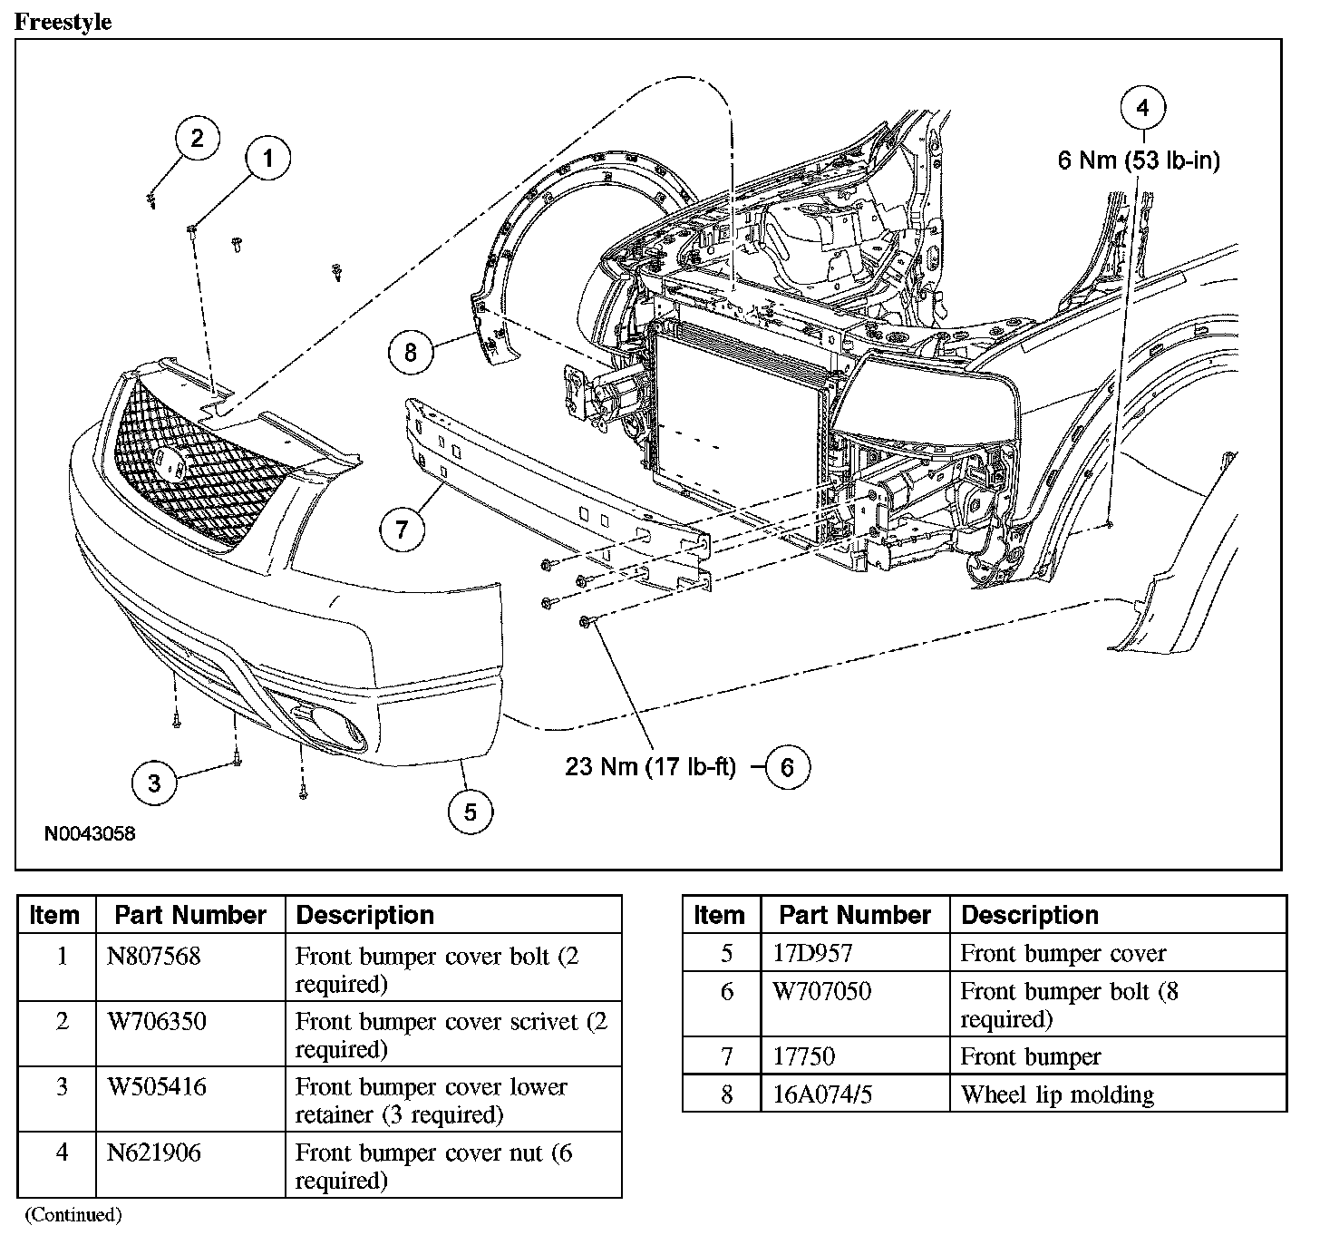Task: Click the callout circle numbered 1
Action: tap(267, 160)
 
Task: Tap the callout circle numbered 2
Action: tap(198, 139)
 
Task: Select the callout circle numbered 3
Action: tap(154, 782)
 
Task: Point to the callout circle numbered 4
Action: tap(1142, 108)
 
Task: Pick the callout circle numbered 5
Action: tap(471, 812)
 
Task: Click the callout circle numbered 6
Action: tap(787, 767)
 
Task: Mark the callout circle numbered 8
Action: tap(411, 351)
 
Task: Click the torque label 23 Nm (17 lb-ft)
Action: tap(650, 767)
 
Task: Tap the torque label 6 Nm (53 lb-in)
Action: tap(1139, 160)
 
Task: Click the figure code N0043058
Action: tap(90, 833)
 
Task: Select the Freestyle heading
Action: tap(63, 22)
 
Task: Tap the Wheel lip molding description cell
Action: tap(1057, 1094)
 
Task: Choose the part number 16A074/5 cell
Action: tap(822, 1094)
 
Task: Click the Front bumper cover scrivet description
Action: tap(451, 1035)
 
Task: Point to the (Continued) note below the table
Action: tap(73, 1215)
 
